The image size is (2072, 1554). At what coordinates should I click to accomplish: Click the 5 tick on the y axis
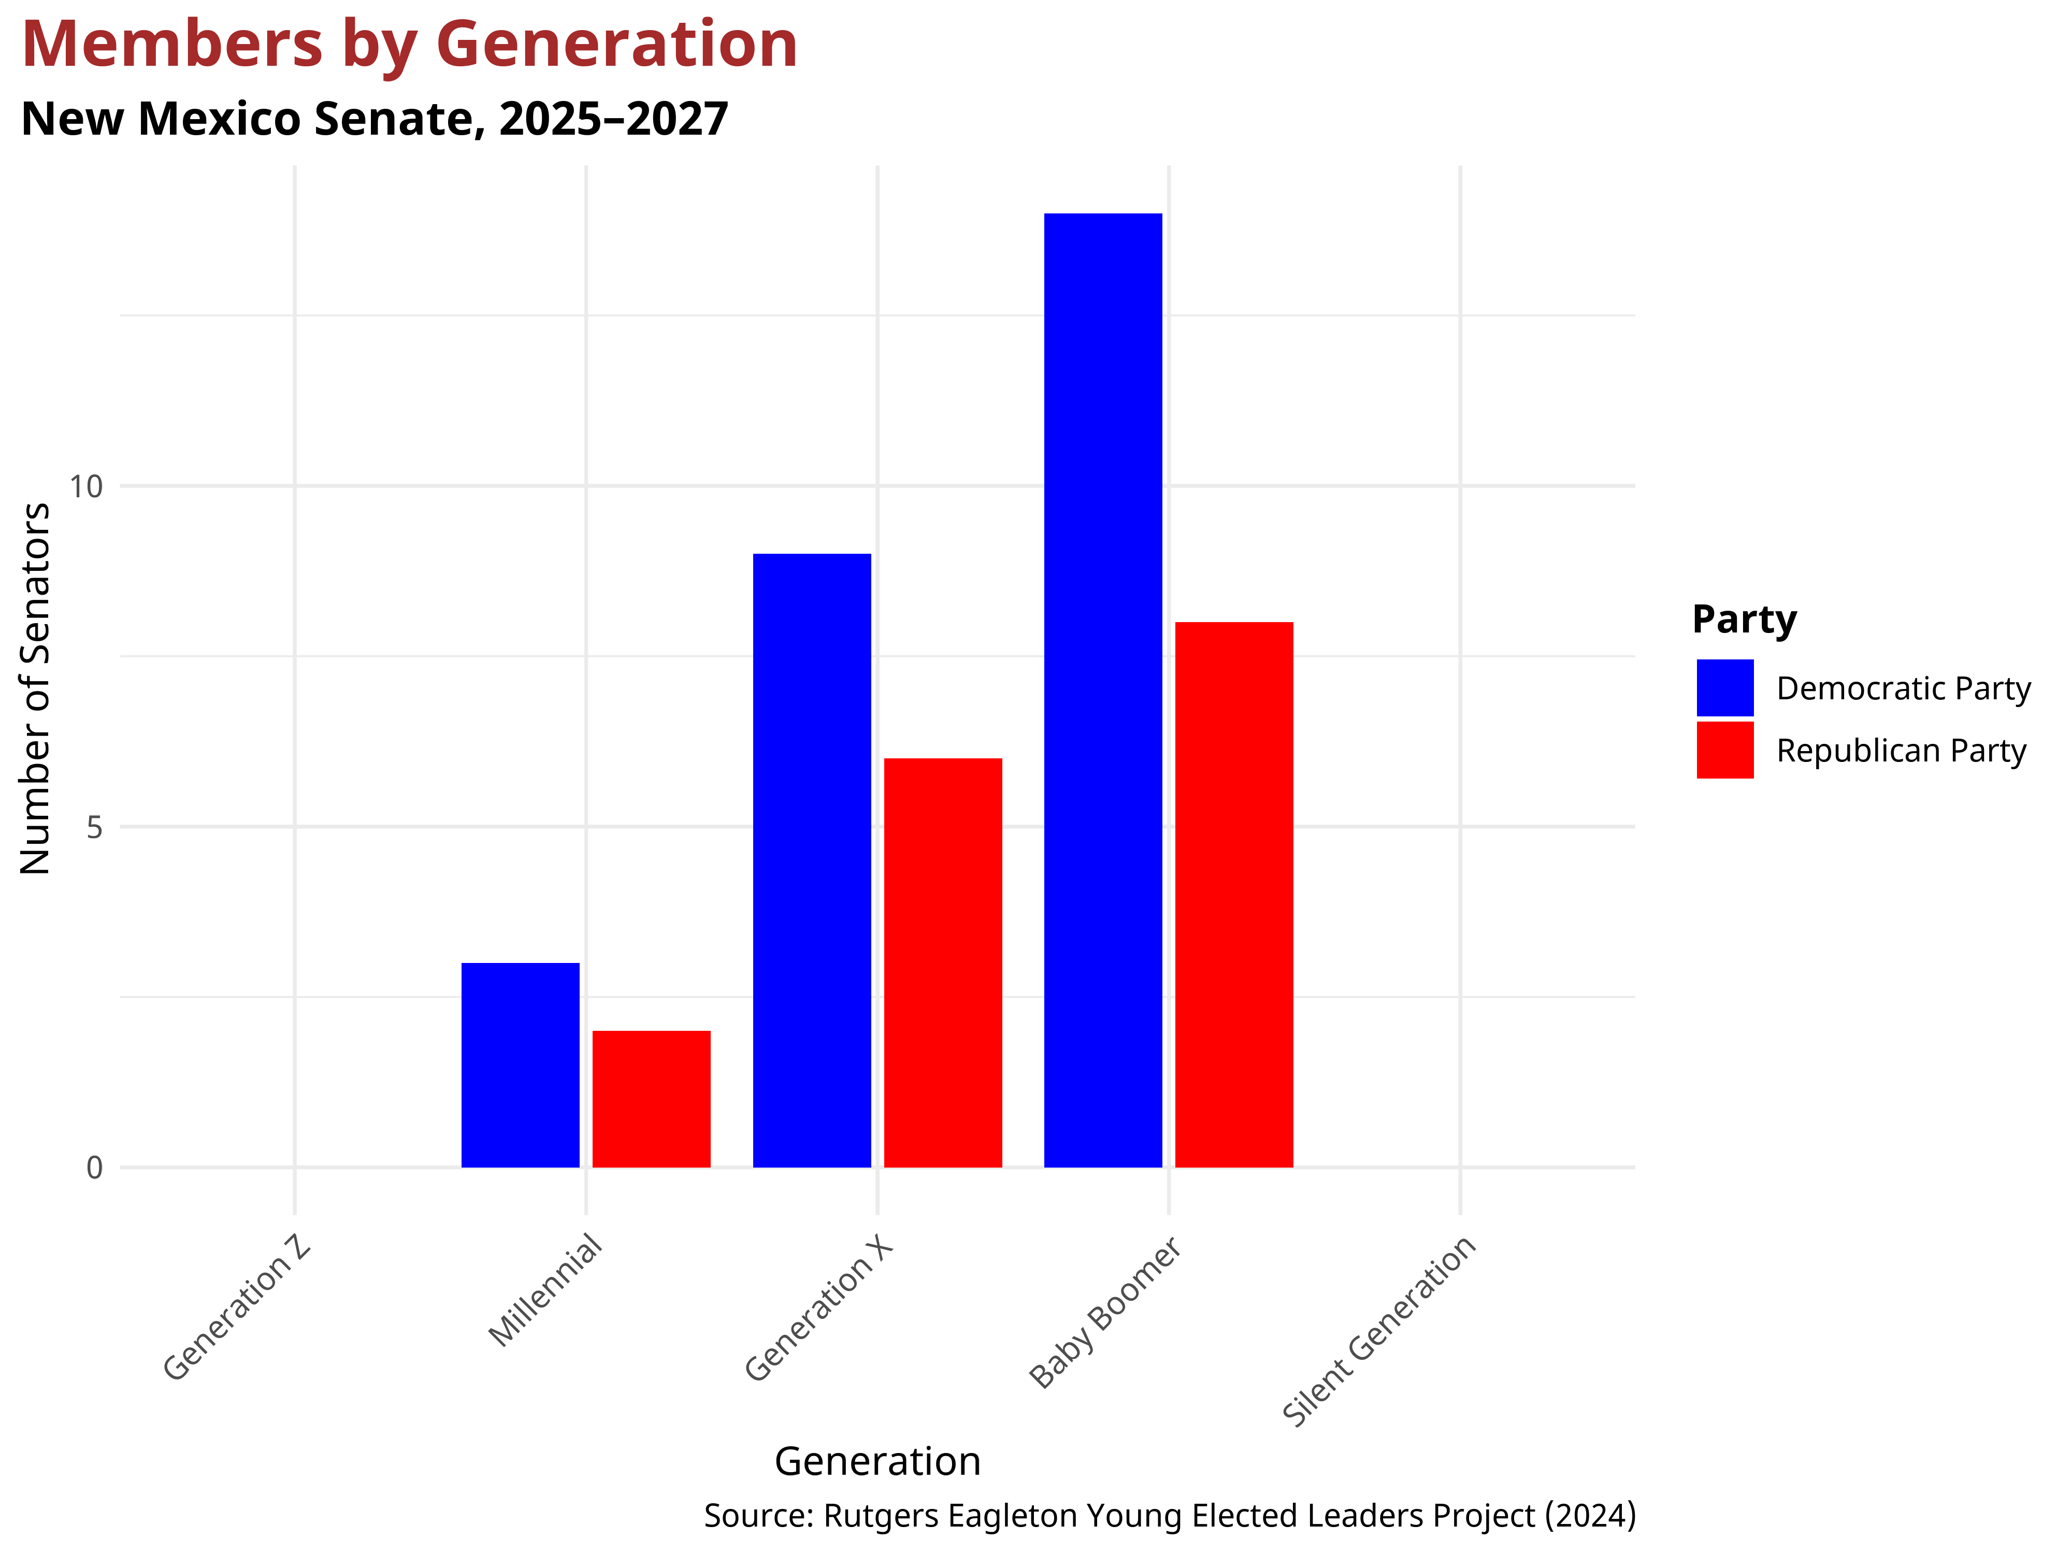coord(94,827)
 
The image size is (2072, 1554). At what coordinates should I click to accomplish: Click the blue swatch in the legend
coord(1724,687)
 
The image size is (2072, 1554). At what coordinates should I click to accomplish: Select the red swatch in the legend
coord(1724,750)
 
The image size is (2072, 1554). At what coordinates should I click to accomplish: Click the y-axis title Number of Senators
coord(36,688)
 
